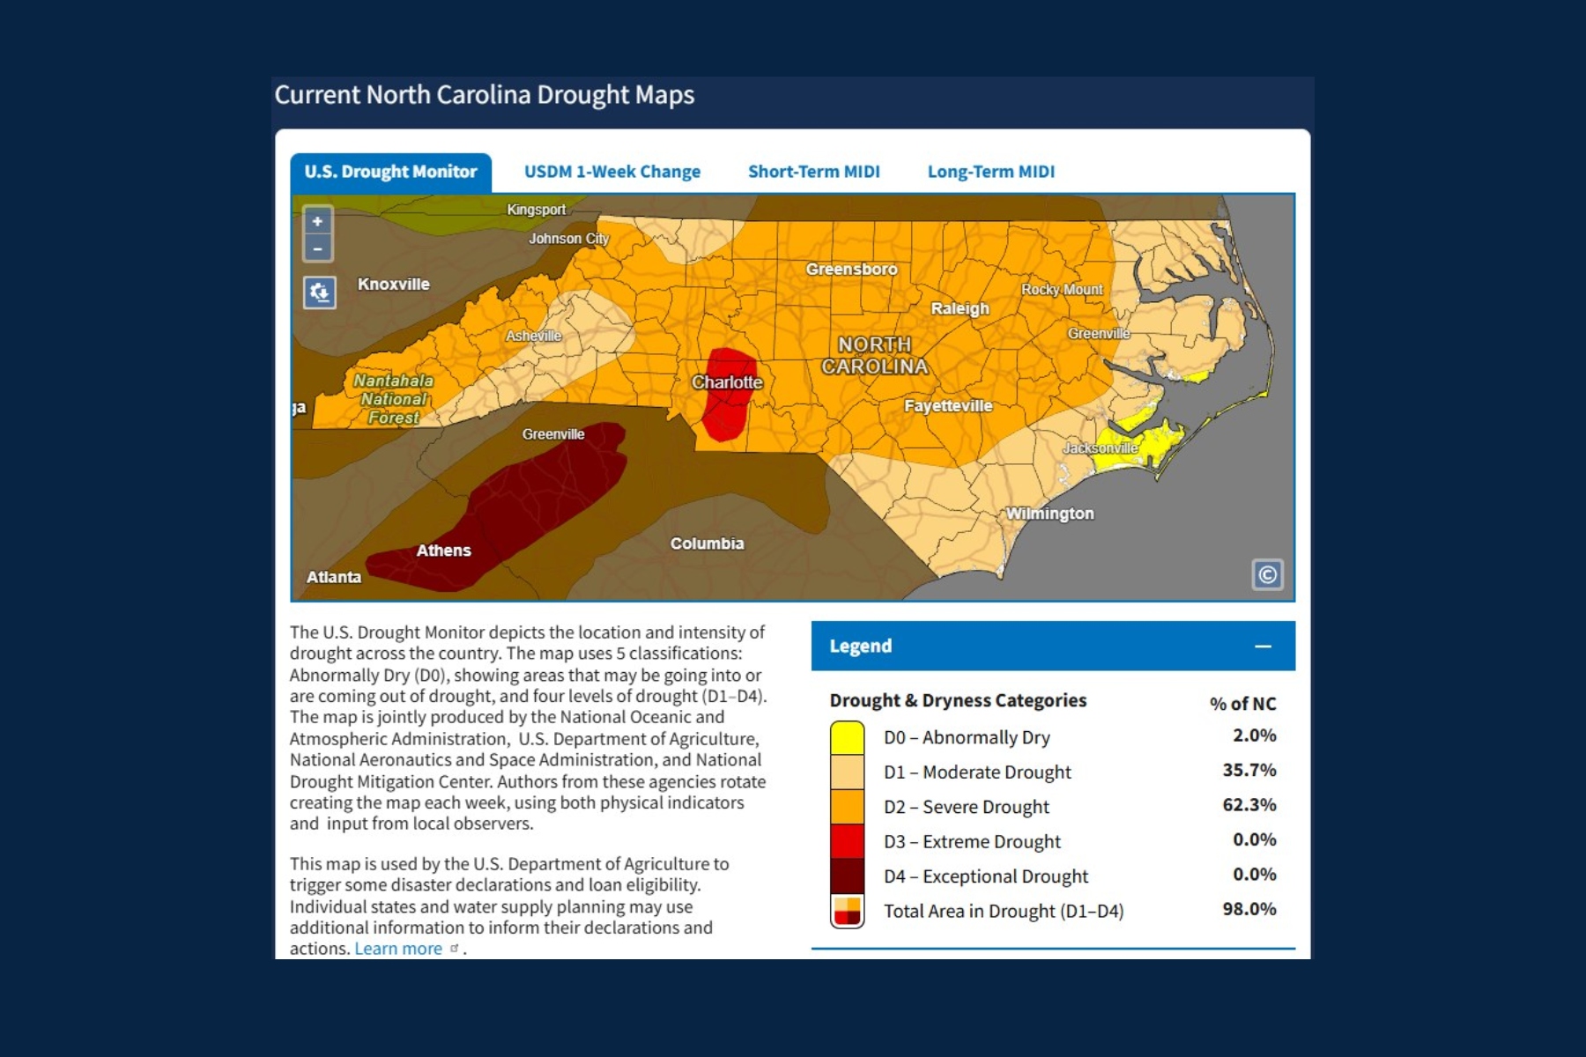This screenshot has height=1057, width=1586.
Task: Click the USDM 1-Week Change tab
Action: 612,172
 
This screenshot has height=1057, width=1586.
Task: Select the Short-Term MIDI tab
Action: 813,172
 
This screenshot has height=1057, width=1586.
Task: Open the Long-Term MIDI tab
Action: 990,172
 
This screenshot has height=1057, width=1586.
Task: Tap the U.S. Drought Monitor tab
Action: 390,172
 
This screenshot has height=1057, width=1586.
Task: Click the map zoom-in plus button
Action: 317,221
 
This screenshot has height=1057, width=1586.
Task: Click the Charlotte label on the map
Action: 727,382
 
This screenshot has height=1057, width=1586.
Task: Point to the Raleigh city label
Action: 960,308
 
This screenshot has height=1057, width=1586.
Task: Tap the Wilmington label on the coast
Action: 1049,514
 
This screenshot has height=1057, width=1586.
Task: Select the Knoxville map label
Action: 393,285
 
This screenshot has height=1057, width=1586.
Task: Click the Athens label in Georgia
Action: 443,551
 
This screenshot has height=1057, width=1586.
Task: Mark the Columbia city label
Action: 707,543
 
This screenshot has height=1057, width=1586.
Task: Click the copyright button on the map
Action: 1267,575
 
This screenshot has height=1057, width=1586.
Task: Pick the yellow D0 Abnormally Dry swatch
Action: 847,738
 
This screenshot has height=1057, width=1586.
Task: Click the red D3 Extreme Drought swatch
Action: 847,841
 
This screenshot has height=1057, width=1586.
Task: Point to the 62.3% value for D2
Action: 1249,805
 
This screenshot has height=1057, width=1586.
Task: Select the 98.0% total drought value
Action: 1249,909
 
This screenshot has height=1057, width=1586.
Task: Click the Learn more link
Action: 398,949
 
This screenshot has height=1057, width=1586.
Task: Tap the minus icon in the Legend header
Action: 1263,647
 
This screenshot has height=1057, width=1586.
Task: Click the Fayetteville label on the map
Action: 947,406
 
